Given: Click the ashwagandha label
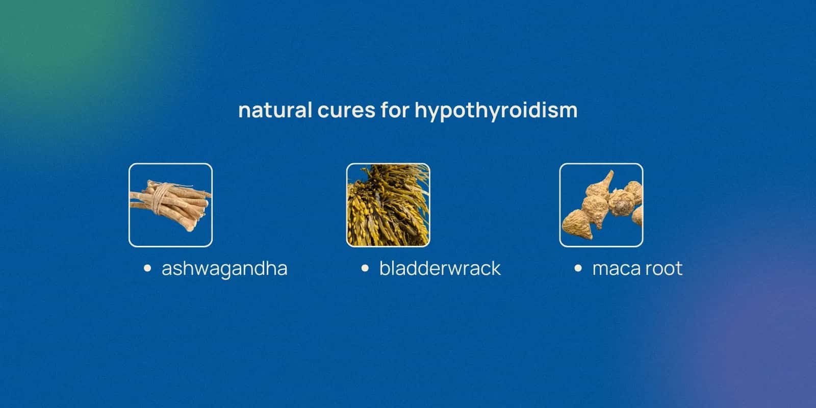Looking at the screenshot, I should point(224,269).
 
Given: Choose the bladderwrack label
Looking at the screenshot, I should point(440,269).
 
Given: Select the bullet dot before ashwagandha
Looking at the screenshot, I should point(147,268).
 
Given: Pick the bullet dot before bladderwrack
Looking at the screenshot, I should point(365,268).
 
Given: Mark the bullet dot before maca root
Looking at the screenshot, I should point(578,268).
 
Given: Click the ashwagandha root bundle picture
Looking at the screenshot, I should point(170,205).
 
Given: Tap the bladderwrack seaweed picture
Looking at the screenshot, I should point(388,205).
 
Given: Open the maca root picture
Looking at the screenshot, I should point(601,205).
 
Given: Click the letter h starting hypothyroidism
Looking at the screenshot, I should point(420,110).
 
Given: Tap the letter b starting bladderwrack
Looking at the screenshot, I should point(384,268).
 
